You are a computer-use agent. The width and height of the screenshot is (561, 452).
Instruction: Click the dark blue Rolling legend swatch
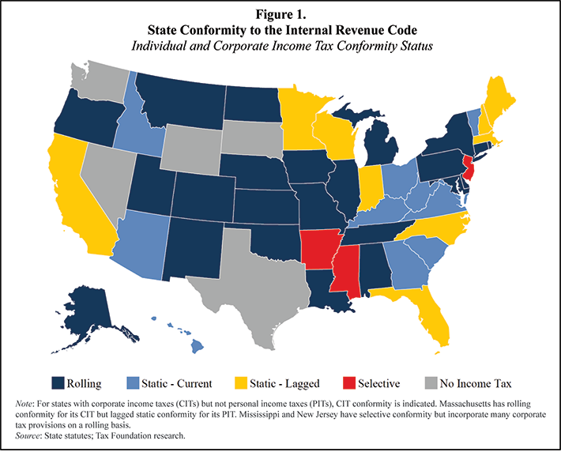[x=58, y=383]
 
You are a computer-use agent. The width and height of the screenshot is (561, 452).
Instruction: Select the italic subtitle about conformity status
[x=280, y=45]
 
